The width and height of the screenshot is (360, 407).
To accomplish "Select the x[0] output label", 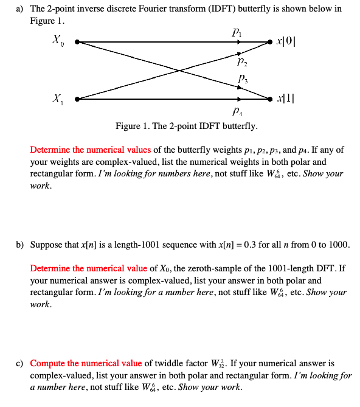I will [286, 42].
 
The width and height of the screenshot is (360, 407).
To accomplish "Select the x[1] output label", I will [286, 98].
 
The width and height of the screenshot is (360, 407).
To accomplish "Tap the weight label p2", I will [241, 61].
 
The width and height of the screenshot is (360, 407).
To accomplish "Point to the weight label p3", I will [241, 78].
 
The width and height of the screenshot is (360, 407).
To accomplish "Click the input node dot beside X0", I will [76, 43].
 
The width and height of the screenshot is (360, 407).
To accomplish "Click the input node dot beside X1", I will [76, 99].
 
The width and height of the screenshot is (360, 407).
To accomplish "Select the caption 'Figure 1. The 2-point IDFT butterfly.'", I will [186, 127].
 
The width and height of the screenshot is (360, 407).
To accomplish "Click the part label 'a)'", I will [20, 9].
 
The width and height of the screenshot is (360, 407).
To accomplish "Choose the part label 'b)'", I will [20, 245].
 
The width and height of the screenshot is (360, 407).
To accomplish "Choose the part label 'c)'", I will [20, 363].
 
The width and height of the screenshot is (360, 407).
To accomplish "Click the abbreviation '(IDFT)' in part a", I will [219, 9].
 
